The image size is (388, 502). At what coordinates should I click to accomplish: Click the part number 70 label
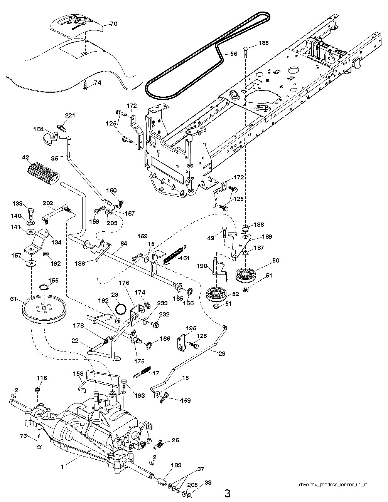click(113, 23)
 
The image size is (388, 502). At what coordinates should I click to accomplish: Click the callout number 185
click(263, 43)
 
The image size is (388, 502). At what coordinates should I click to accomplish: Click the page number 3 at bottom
click(228, 493)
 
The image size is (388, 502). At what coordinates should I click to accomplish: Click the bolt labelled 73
click(39, 441)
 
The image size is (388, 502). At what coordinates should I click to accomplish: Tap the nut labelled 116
click(38, 390)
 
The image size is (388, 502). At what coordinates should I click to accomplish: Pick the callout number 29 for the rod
click(222, 353)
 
